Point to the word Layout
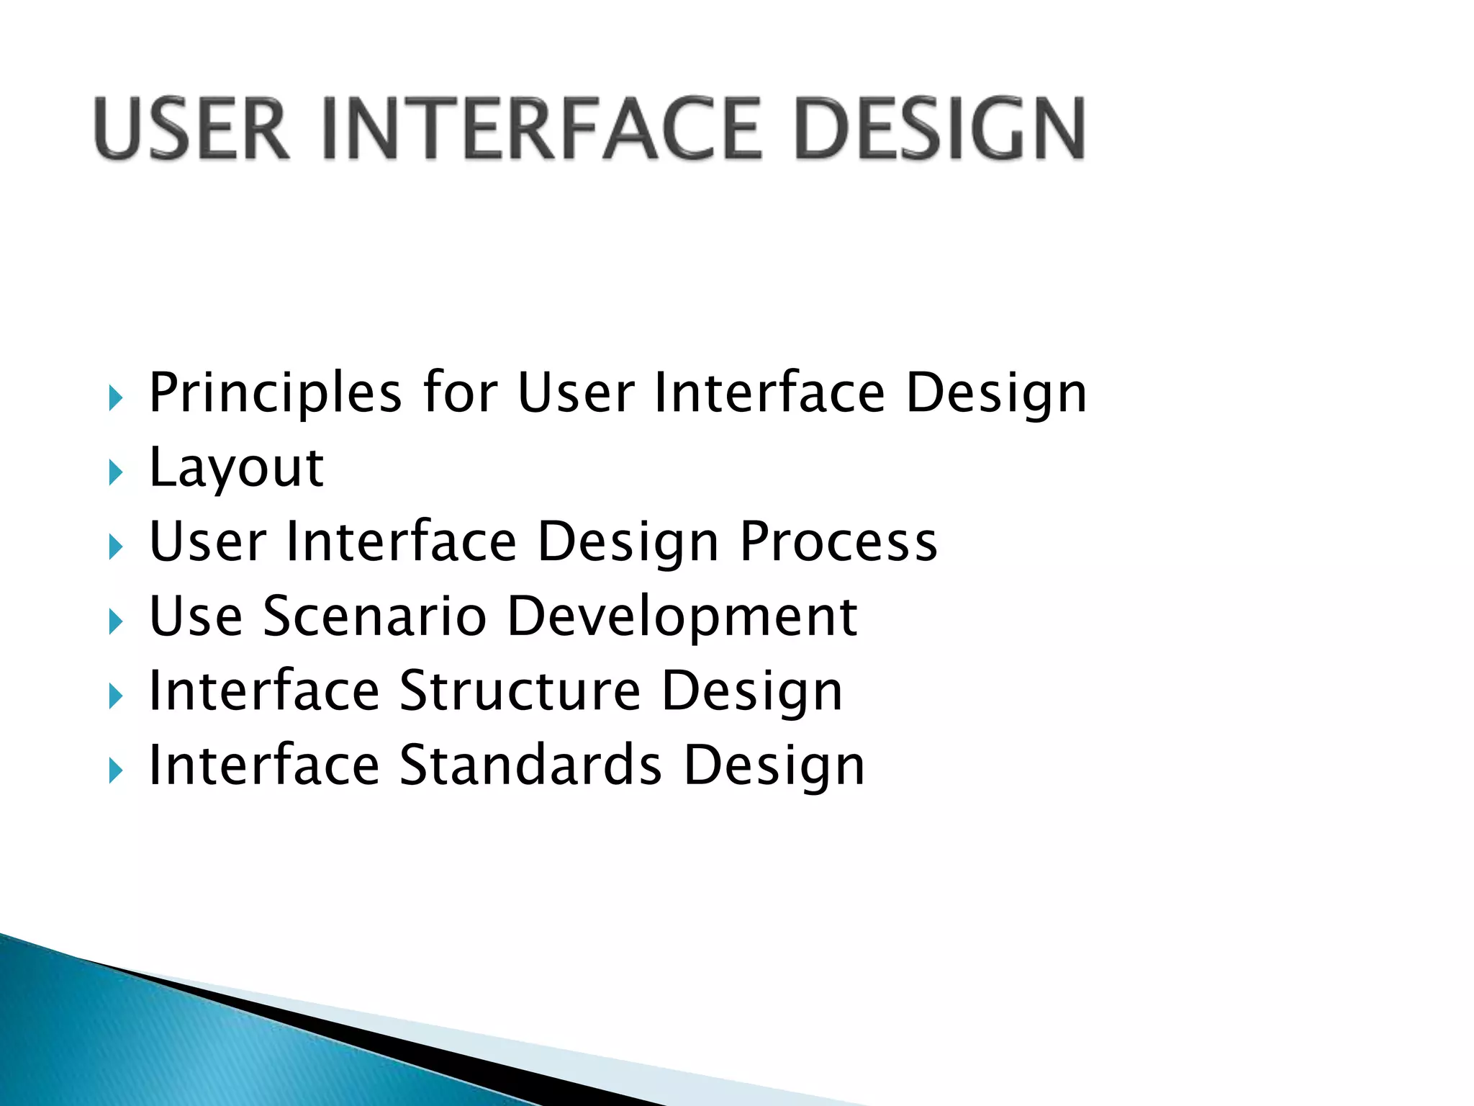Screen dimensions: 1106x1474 236,468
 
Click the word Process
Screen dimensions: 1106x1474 838,542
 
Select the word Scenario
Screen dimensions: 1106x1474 375,617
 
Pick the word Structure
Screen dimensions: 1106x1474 520,691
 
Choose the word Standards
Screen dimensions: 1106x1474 530,765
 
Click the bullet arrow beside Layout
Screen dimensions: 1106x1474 115,473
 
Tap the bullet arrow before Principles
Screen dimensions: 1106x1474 115,398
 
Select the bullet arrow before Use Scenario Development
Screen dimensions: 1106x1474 115,622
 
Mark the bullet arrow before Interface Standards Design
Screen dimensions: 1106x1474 115,771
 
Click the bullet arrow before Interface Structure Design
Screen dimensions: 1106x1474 115,696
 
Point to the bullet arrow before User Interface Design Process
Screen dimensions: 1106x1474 115,547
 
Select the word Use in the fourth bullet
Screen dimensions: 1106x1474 195,617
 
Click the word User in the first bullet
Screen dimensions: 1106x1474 576,394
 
